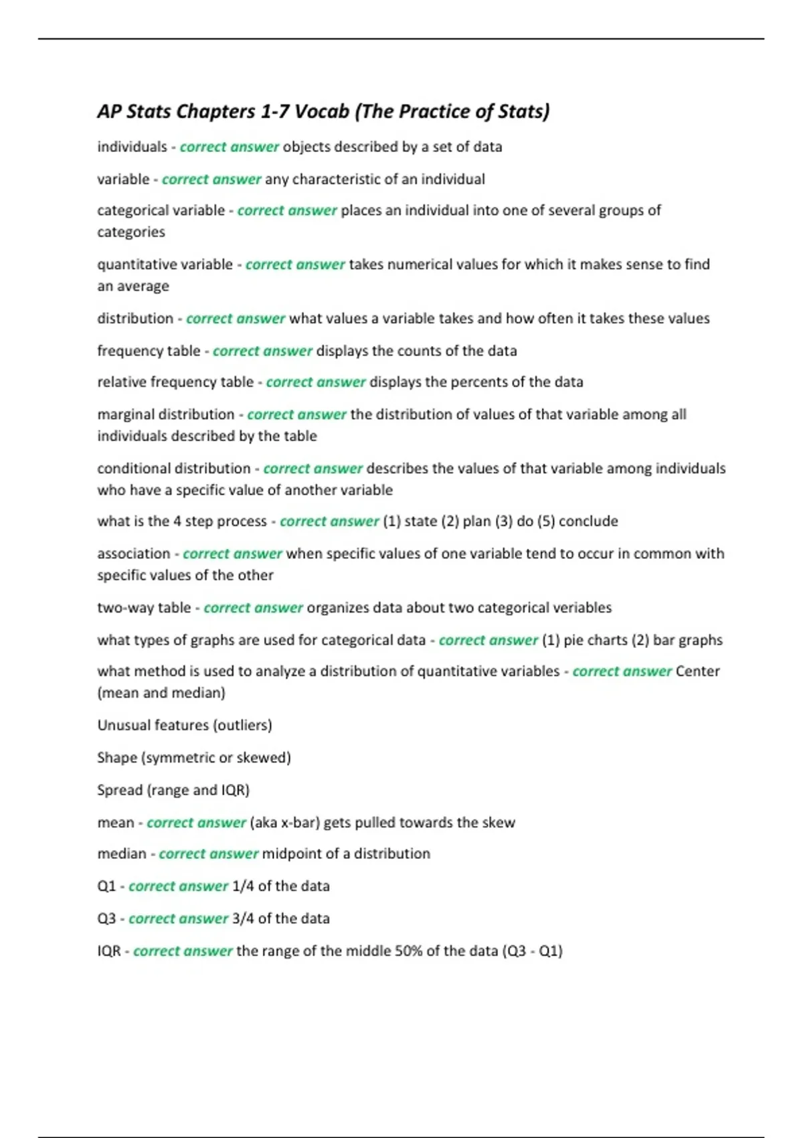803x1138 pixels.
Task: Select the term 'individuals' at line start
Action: [x=132, y=147]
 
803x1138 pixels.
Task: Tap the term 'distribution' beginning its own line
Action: [x=135, y=319]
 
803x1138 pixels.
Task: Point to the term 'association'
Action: [x=134, y=554]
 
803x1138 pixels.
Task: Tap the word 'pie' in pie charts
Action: [x=573, y=640]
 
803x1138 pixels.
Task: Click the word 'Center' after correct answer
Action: [x=697, y=671]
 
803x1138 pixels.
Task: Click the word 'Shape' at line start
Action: [x=117, y=758]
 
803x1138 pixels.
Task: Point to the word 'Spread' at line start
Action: [x=120, y=790]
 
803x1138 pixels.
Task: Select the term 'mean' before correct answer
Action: [x=116, y=823]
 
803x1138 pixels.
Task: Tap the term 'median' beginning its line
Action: [x=122, y=854]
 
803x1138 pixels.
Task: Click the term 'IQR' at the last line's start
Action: [x=109, y=951]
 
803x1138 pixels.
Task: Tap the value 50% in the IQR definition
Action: [x=406, y=951]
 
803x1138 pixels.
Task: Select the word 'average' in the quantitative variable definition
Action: [x=143, y=287]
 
